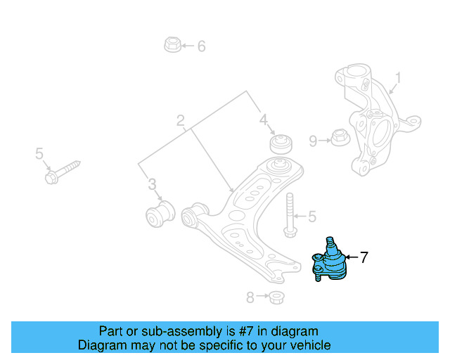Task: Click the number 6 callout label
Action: pos(201,46)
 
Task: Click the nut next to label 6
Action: pos(171,46)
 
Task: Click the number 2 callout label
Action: pos(181,120)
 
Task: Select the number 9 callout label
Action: pos(313,141)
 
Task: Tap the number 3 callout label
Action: pos(152,184)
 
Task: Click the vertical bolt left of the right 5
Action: pos(288,214)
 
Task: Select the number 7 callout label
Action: pos(364,258)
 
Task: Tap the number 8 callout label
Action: pos(250,297)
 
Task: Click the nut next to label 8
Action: pos(276,297)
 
